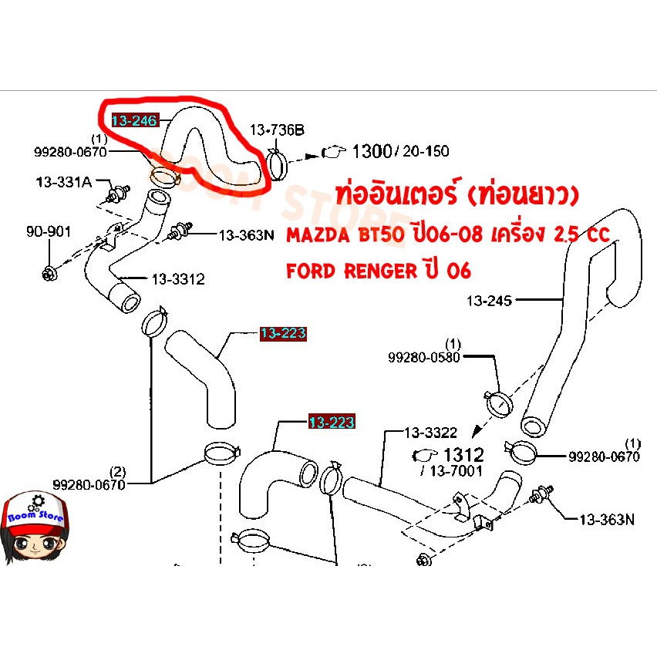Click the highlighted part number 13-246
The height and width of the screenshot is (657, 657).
135,120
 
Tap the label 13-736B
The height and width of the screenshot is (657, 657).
277,130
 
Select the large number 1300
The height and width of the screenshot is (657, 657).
372,151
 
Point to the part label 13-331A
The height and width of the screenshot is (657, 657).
64,182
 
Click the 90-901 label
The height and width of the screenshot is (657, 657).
49,231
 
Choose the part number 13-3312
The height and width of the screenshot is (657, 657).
178,279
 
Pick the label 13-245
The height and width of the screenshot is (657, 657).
489,301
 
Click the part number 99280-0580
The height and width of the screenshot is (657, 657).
423,357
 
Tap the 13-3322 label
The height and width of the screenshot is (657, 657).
430,433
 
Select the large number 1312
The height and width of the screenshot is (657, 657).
464,455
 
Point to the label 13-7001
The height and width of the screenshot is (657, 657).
456,471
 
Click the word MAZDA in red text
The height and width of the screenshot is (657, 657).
318,235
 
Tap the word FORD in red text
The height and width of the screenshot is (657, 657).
311,271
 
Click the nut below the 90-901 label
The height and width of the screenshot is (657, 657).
49,274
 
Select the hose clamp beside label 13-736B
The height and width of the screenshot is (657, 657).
277,164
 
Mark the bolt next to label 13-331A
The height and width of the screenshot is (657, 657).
119,193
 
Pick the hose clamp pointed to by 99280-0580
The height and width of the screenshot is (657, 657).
498,403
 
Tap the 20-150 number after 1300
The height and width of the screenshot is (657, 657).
426,151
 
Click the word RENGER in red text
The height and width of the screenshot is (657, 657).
381,271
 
